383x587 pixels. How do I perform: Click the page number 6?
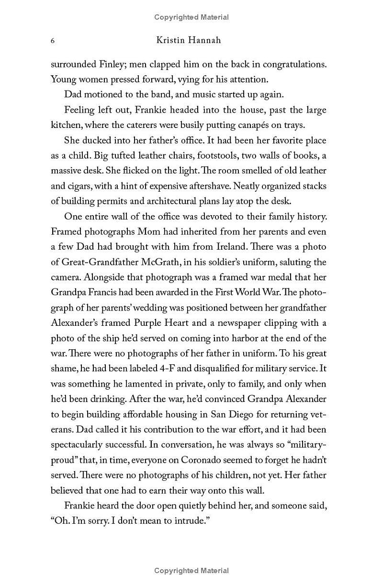tap(53, 41)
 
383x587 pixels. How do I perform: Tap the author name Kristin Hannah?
tap(189, 40)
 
